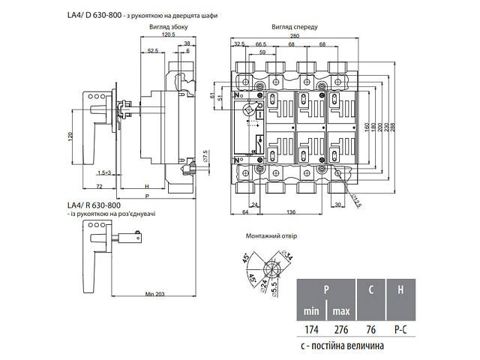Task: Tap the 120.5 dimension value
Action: [166, 34]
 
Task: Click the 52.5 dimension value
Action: [153, 50]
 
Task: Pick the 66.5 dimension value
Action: [262, 44]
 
